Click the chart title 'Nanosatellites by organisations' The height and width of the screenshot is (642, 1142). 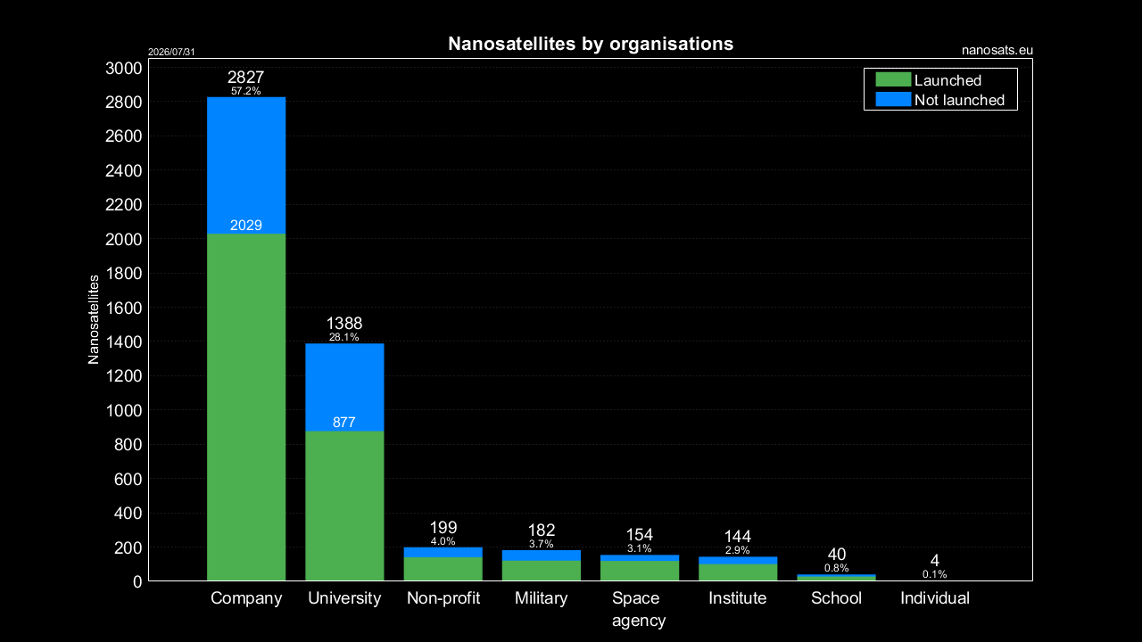(591, 44)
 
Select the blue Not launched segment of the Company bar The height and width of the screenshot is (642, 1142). (246, 165)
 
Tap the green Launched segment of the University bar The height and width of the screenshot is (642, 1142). (344, 506)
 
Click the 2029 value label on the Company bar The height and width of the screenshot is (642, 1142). (246, 226)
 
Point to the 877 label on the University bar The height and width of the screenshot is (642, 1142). (344, 423)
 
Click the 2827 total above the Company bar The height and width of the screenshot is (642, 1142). (245, 78)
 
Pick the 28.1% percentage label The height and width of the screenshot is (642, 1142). (344, 337)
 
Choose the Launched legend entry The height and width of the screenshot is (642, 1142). (929, 80)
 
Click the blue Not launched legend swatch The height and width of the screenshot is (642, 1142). (893, 99)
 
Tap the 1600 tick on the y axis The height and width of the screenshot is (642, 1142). (124, 308)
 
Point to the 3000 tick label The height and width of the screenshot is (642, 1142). (124, 69)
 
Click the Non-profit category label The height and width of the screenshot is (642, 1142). (443, 598)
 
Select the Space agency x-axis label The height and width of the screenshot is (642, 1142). (638, 609)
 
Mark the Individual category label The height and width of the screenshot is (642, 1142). (935, 598)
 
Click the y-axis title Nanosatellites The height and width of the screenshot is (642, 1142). (94, 319)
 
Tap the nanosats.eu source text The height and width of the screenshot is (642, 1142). (997, 51)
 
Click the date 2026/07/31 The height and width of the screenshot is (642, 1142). (171, 52)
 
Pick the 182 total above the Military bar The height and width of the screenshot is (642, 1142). (542, 531)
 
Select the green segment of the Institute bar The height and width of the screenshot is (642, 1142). (738, 572)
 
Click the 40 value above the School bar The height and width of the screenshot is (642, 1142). (837, 555)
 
